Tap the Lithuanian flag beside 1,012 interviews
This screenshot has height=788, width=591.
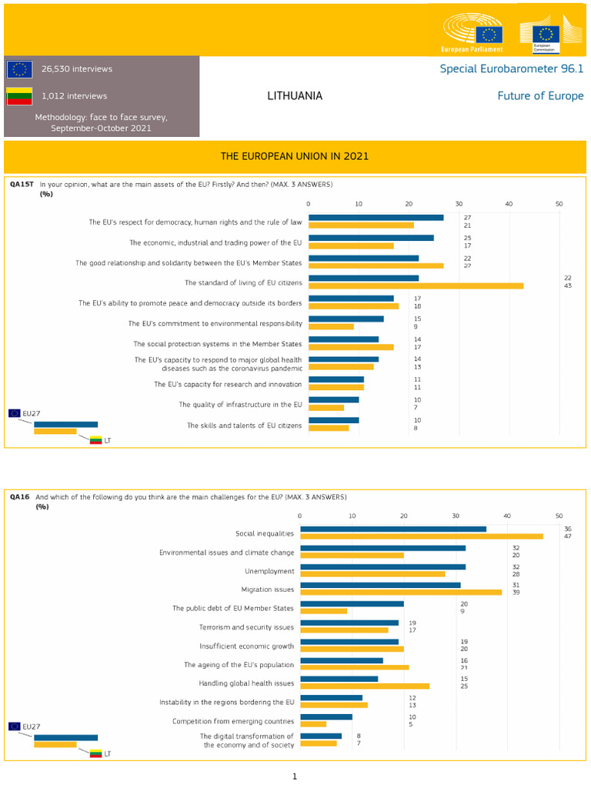[x=19, y=96]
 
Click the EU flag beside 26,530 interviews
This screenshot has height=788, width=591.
[x=19, y=69]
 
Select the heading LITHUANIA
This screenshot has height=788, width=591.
[x=295, y=96]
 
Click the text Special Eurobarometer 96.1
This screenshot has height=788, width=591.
[x=511, y=68]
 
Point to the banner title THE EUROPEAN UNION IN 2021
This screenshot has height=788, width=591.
[x=295, y=156]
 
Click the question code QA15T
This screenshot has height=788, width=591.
[x=21, y=185]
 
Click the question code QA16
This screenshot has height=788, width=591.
[x=19, y=497]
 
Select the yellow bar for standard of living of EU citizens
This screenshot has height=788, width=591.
[x=416, y=286]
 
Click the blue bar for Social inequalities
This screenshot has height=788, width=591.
[x=392, y=529]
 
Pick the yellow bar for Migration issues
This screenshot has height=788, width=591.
[x=400, y=592]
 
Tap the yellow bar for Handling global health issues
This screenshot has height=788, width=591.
[x=364, y=686]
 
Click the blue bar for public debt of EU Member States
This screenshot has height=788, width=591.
[x=352, y=604]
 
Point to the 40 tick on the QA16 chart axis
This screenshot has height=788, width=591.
[x=507, y=516]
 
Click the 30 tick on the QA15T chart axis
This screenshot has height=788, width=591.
[x=459, y=204]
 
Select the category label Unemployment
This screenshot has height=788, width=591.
[x=269, y=571]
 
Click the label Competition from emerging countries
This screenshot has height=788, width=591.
[x=233, y=721]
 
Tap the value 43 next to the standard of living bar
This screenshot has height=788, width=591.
[x=568, y=286]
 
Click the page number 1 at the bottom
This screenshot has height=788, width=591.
[x=294, y=776]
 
